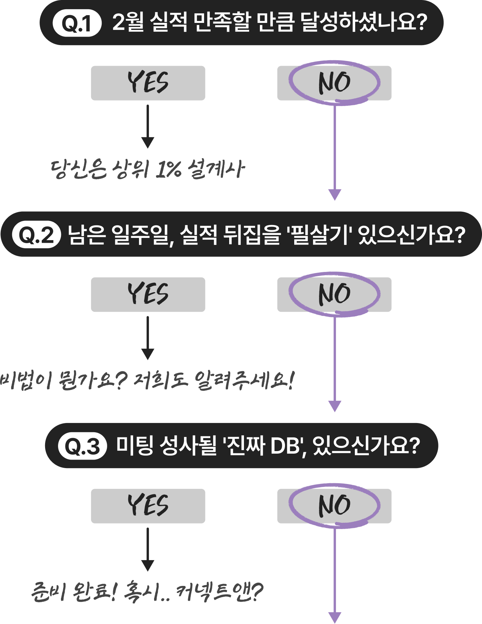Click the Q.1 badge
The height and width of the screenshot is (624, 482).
click(77, 24)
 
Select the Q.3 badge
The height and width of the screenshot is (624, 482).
click(82, 446)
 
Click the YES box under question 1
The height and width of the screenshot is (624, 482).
click(148, 83)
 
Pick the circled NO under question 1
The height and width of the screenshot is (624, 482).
click(334, 83)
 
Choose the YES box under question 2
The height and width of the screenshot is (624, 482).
click(148, 294)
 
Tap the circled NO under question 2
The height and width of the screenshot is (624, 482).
click(334, 294)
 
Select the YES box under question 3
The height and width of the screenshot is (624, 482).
click(148, 506)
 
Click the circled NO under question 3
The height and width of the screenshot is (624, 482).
click(334, 506)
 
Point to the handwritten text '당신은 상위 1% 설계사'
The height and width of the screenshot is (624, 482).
click(148, 170)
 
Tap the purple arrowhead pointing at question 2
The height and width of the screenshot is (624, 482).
click(335, 195)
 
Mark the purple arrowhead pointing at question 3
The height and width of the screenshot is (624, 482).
click(335, 406)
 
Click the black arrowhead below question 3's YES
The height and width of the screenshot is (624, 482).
click(148, 566)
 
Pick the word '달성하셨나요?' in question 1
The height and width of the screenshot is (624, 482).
click(364, 23)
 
